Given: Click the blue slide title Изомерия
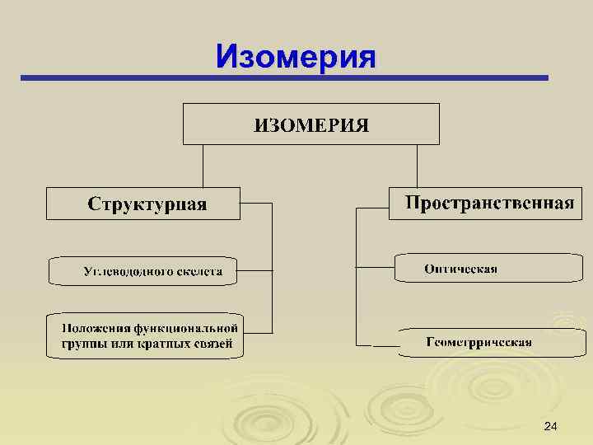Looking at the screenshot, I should (x=296, y=57).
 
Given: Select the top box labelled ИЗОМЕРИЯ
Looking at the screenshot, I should (x=311, y=124).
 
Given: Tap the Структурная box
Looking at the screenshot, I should (x=143, y=204).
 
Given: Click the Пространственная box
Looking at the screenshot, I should (x=482, y=203).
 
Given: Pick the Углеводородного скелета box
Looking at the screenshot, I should (x=143, y=270).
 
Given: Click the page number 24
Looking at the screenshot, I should (x=551, y=425).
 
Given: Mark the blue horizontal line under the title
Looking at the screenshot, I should (x=284, y=78).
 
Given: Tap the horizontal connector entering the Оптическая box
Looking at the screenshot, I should (x=375, y=267).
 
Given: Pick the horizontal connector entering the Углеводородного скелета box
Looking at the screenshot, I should (x=254, y=269).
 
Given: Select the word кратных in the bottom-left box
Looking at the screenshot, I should (x=163, y=344).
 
